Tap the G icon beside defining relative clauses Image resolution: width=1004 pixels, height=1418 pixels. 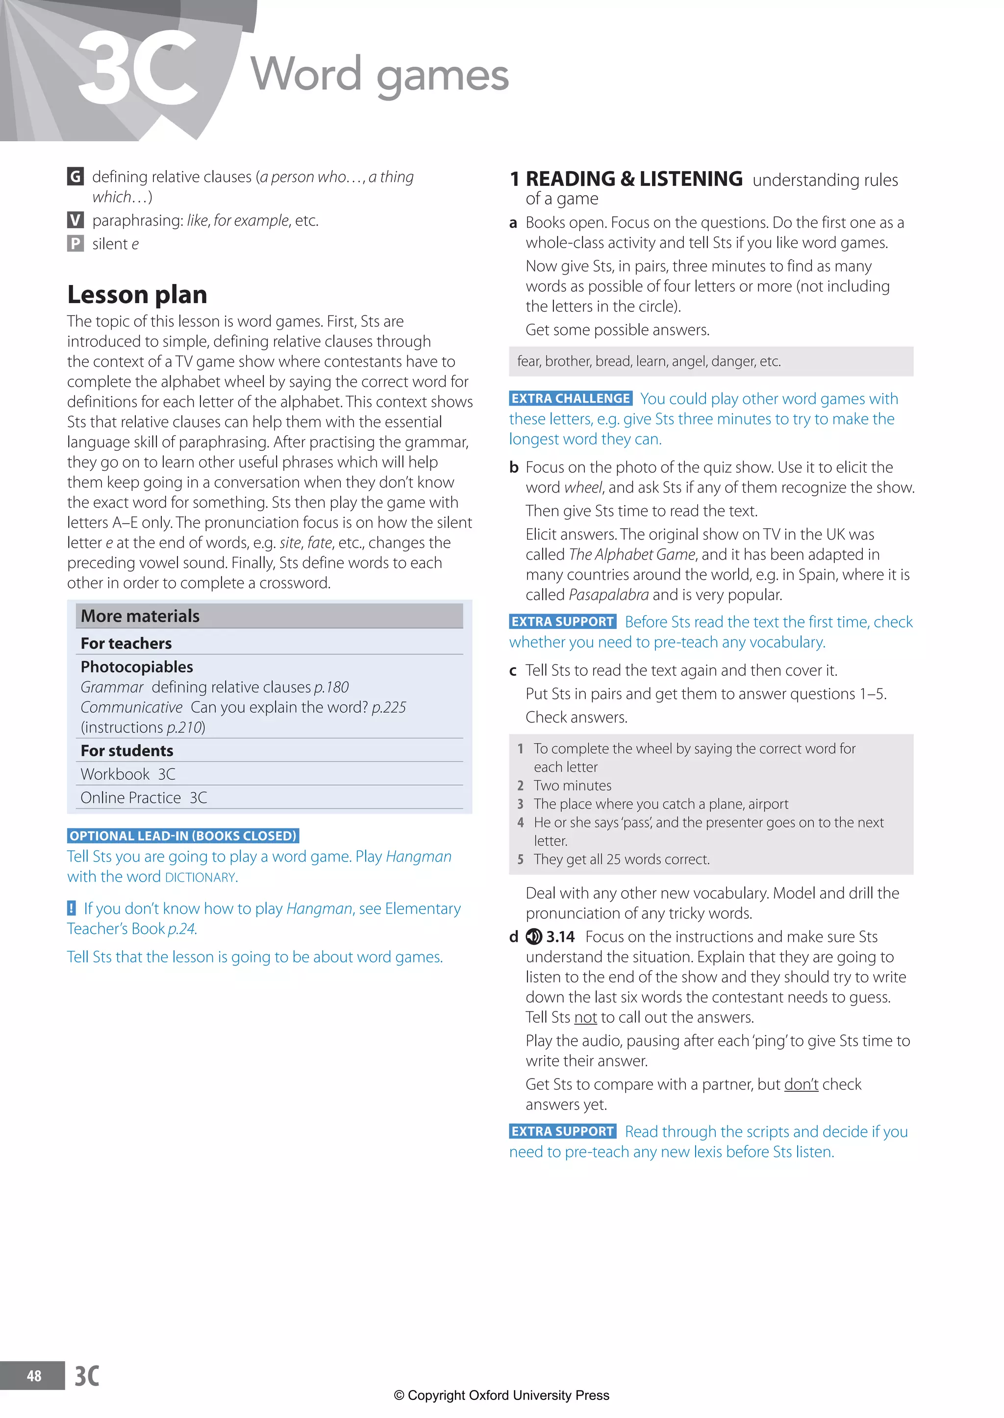click(x=75, y=177)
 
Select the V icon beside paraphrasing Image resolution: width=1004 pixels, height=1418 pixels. click(x=75, y=220)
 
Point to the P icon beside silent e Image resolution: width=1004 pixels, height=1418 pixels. click(x=75, y=244)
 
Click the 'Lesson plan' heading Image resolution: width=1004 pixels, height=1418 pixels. click(x=137, y=295)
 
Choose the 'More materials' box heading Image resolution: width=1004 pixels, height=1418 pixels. click(x=140, y=616)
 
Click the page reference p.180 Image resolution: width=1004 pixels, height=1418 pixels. click(x=331, y=687)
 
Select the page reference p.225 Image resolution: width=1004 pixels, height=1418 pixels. click(x=389, y=707)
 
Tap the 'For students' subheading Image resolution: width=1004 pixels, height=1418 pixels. click(x=127, y=751)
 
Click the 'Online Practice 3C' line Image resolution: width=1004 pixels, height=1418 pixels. click(x=144, y=798)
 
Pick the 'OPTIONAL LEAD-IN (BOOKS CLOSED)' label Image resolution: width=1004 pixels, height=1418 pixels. click(x=183, y=836)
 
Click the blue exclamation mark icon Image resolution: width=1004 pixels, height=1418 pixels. click(x=72, y=908)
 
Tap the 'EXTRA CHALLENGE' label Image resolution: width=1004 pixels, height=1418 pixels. click(x=570, y=399)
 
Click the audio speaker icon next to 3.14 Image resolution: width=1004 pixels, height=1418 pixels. click(x=533, y=937)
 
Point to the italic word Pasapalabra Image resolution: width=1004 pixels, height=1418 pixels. click(x=608, y=595)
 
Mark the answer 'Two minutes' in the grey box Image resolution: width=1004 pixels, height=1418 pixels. click(x=573, y=785)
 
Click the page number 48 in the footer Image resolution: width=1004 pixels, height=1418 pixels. click(x=34, y=1376)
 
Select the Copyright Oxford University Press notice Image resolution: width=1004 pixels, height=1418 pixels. click(x=502, y=1395)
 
